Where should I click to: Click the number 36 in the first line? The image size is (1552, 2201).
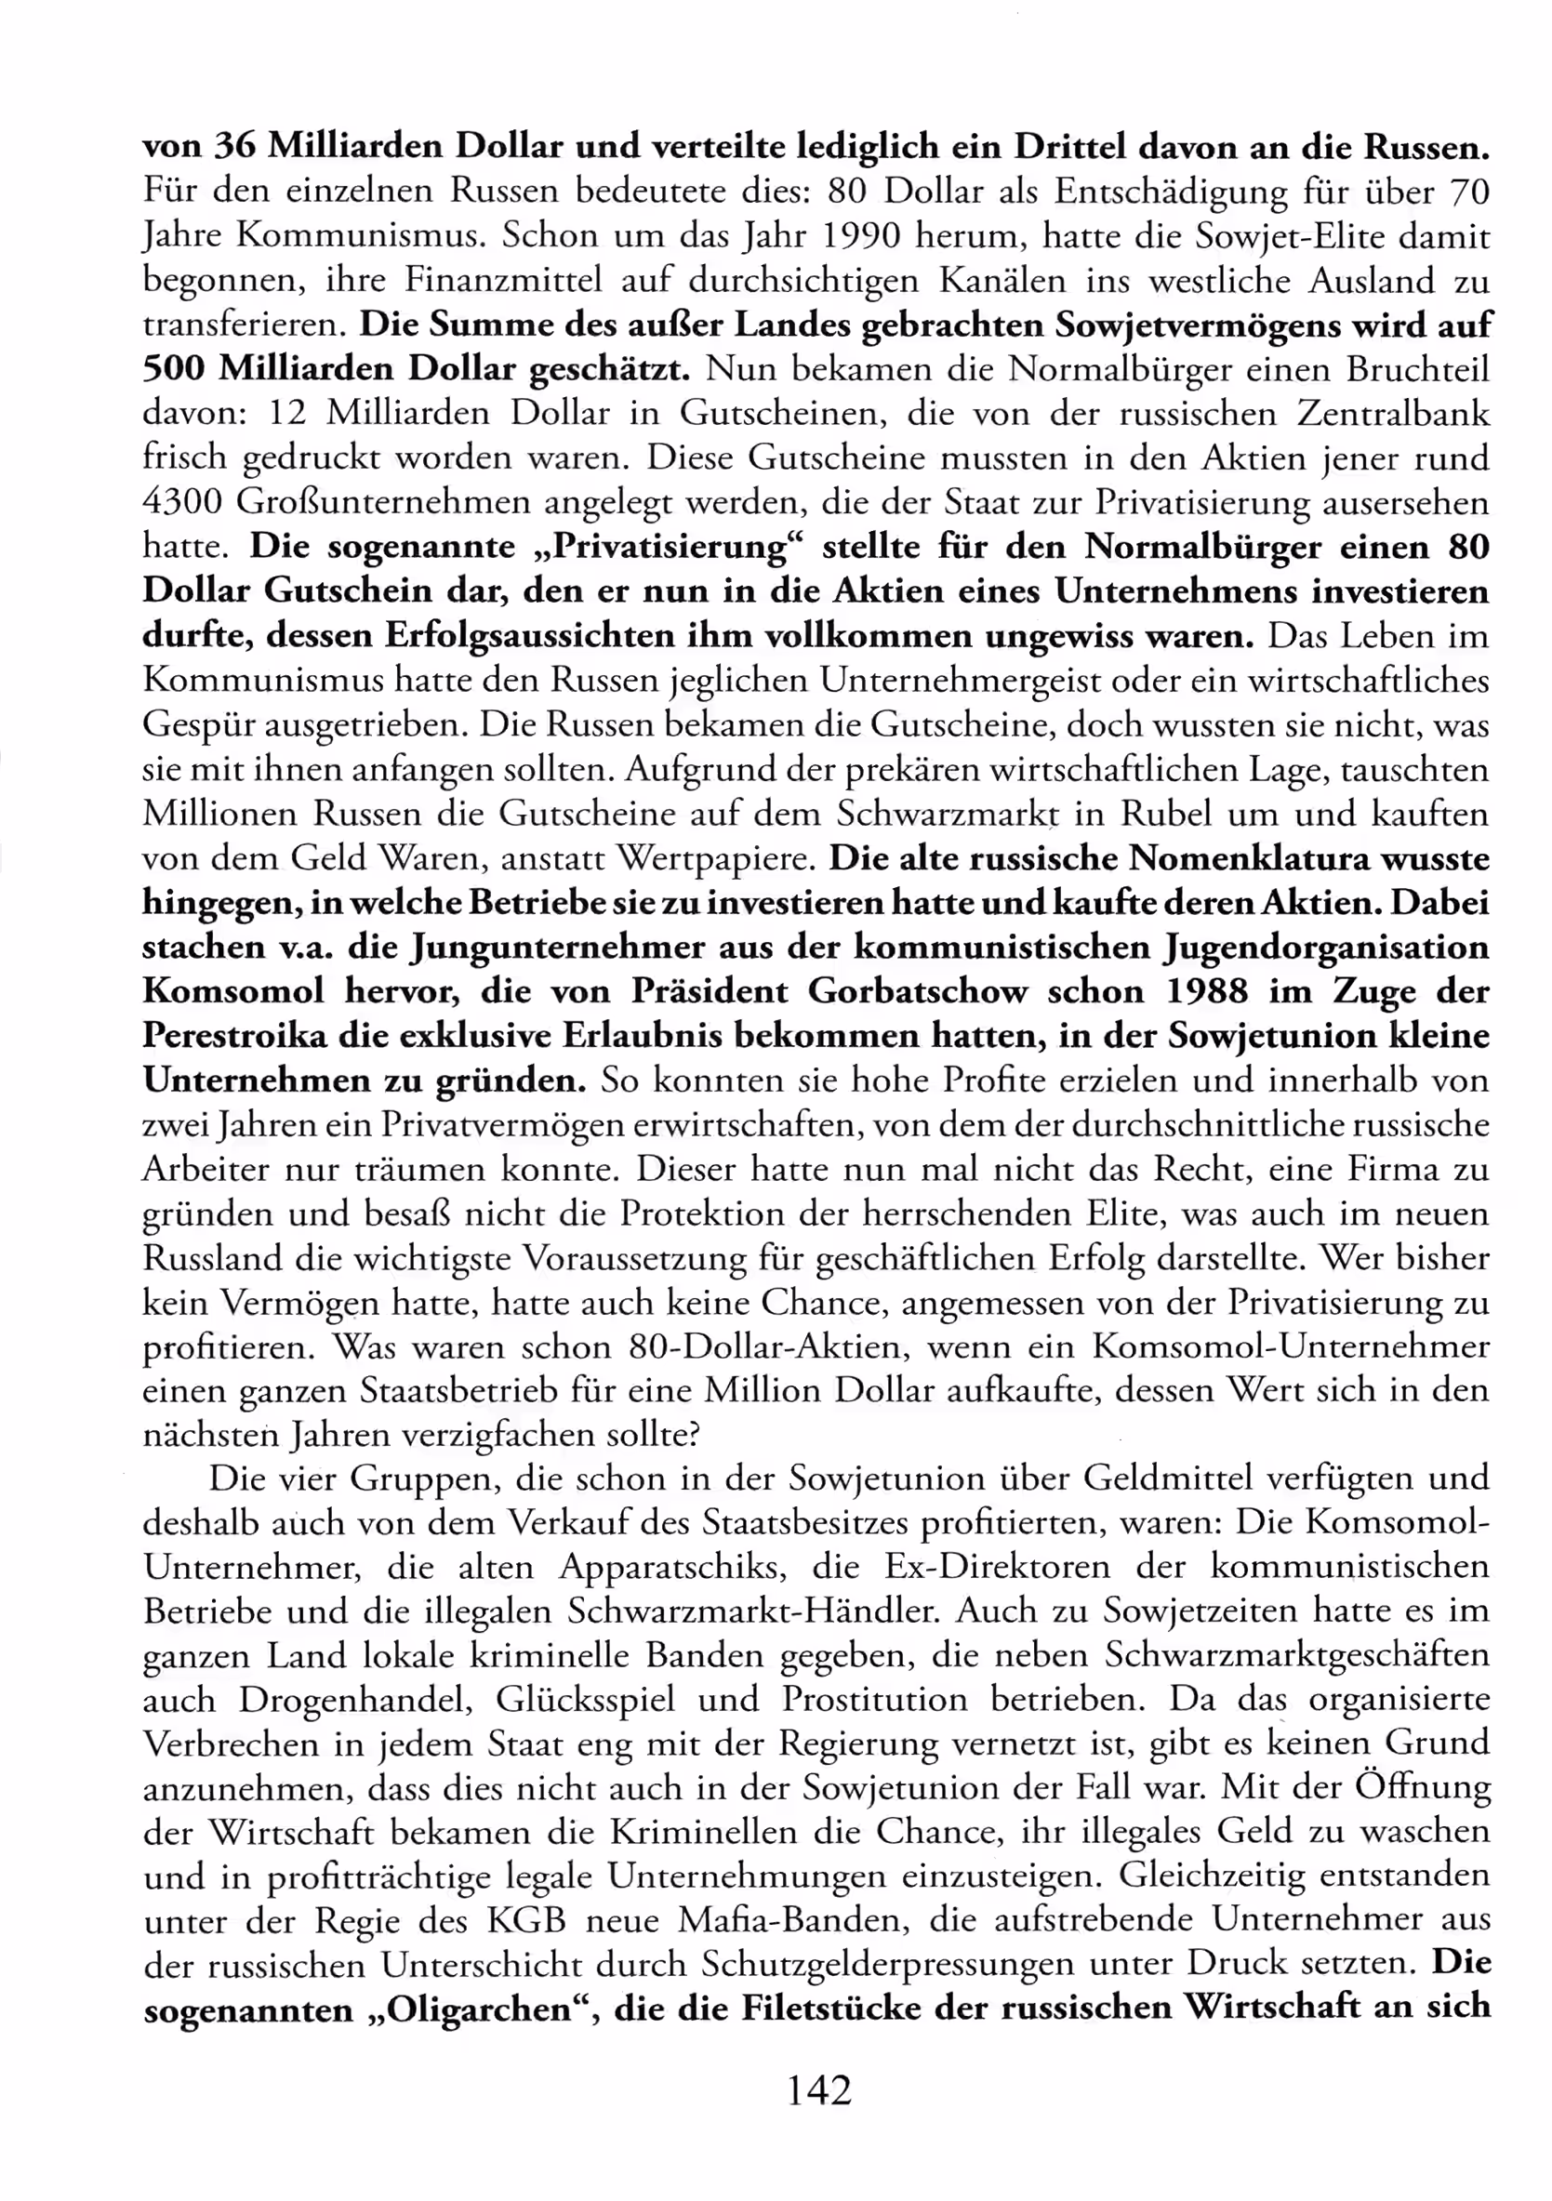(x=233, y=147)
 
